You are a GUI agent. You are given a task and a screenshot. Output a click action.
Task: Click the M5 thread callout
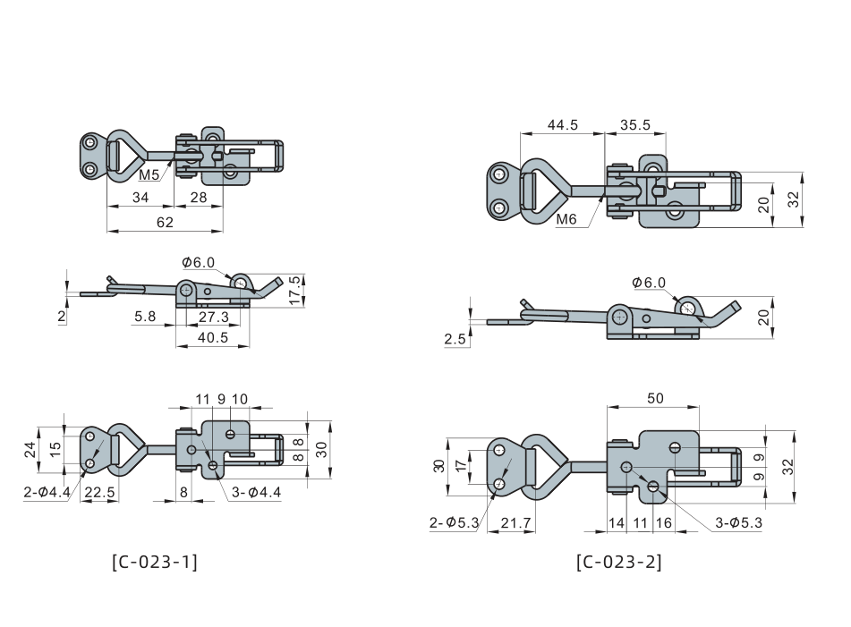pyautogui.click(x=149, y=174)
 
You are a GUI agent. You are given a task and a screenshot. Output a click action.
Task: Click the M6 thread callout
pyautogui.click(x=566, y=218)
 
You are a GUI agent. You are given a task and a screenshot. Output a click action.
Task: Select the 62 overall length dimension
pyautogui.click(x=165, y=222)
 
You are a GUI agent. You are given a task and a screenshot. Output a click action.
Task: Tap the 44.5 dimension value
pyautogui.click(x=563, y=124)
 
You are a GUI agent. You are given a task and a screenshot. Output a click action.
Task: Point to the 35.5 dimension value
pyautogui.click(x=635, y=124)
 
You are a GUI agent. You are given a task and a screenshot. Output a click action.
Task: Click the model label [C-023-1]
pyautogui.click(x=155, y=562)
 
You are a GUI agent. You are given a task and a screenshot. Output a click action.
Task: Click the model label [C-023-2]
pyautogui.click(x=619, y=562)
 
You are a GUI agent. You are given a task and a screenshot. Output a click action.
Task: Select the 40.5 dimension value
pyautogui.click(x=213, y=337)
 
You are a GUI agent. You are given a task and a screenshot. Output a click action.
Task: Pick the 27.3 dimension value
pyautogui.click(x=213, y=317)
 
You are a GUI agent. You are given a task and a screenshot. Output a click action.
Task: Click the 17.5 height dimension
pyautogui.click(x=294, y=291)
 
